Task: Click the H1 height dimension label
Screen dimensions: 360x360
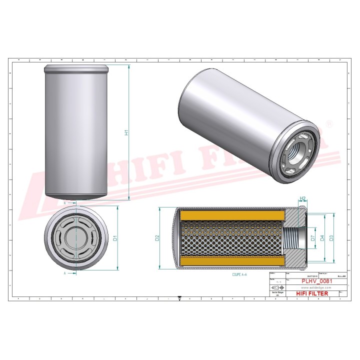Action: click(x=127, y=132)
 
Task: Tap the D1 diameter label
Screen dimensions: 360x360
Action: click(x=115, y=238)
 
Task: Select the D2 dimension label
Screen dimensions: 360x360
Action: click(x=157, y=238)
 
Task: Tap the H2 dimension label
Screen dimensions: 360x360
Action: click(x=303, y=198)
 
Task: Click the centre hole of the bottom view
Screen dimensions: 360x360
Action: click(x=75, y=238)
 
